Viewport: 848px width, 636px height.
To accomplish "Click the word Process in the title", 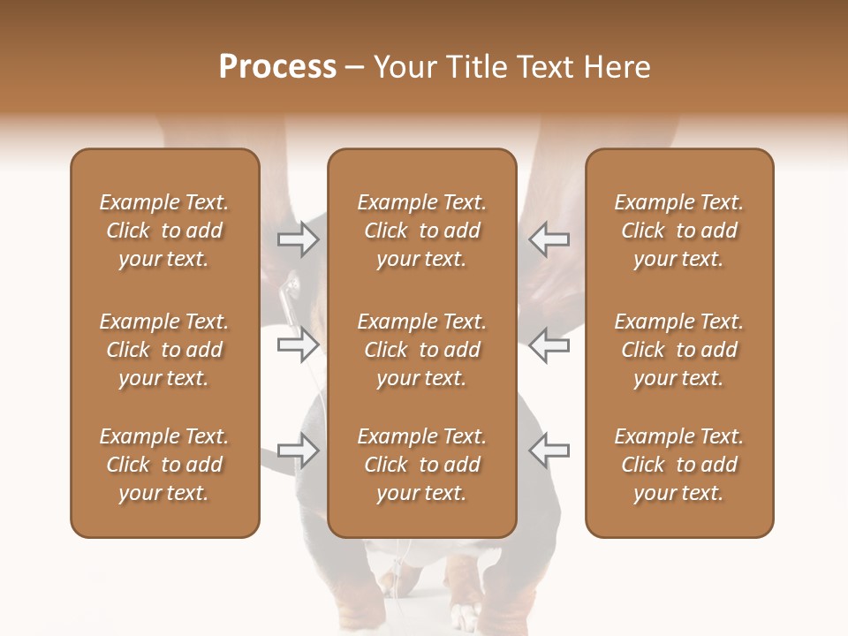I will tap(277, 67).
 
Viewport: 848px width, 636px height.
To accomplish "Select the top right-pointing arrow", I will tap(299, 238).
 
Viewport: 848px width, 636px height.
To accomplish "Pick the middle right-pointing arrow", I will tap(299, 344).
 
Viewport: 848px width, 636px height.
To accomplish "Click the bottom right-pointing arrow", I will tap(299, 450).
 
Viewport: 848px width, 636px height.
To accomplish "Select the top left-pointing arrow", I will tap(549, 238).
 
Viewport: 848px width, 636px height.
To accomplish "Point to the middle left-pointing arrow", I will tap(549, 344).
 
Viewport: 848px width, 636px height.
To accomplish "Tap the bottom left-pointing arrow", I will tap(549, 450).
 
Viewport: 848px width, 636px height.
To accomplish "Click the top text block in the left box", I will tap(164, 231).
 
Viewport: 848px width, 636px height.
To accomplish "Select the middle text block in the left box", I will tap(164, 350).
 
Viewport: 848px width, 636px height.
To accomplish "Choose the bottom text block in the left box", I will tap(164, 465).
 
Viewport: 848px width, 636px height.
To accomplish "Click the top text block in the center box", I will tap(421, 231).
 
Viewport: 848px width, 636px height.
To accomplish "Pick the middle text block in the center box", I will tap(421, 350).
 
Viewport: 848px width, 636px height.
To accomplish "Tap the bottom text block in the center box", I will tap(421, 465).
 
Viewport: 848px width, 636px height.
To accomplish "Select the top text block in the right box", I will tap(678, 231).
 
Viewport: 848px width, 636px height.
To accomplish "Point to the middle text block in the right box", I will tap(678, 350).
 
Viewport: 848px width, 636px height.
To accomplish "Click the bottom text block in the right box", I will tap(678, 465).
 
